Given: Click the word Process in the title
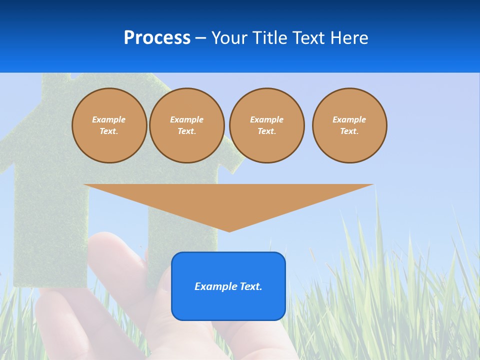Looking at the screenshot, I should pyautogui.click(x=157, y=38).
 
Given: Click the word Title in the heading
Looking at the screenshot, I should pyautogui.click(x=269, y=38).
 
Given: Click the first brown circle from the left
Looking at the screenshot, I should pyautogui.click(x=109, y=125).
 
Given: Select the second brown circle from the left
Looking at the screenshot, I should pyautogui.click(x=187, y=125).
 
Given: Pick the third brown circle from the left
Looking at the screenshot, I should pyautogui.click(x=267, y=125).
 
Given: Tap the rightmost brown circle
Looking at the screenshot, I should pyautogui.click(x=349, y=125).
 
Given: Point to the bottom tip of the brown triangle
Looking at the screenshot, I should pyautogui.click(x=229, y=230).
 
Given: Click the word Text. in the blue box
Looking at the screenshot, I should pyautogui.click(x=250, y=286).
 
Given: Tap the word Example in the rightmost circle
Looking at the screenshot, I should pyautogui.click(x=349, y=119).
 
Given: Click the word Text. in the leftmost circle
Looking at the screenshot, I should pyautogui.click(x=109, y=131).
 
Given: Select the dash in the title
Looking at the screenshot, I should pyautogui.click(x=200, y=38).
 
